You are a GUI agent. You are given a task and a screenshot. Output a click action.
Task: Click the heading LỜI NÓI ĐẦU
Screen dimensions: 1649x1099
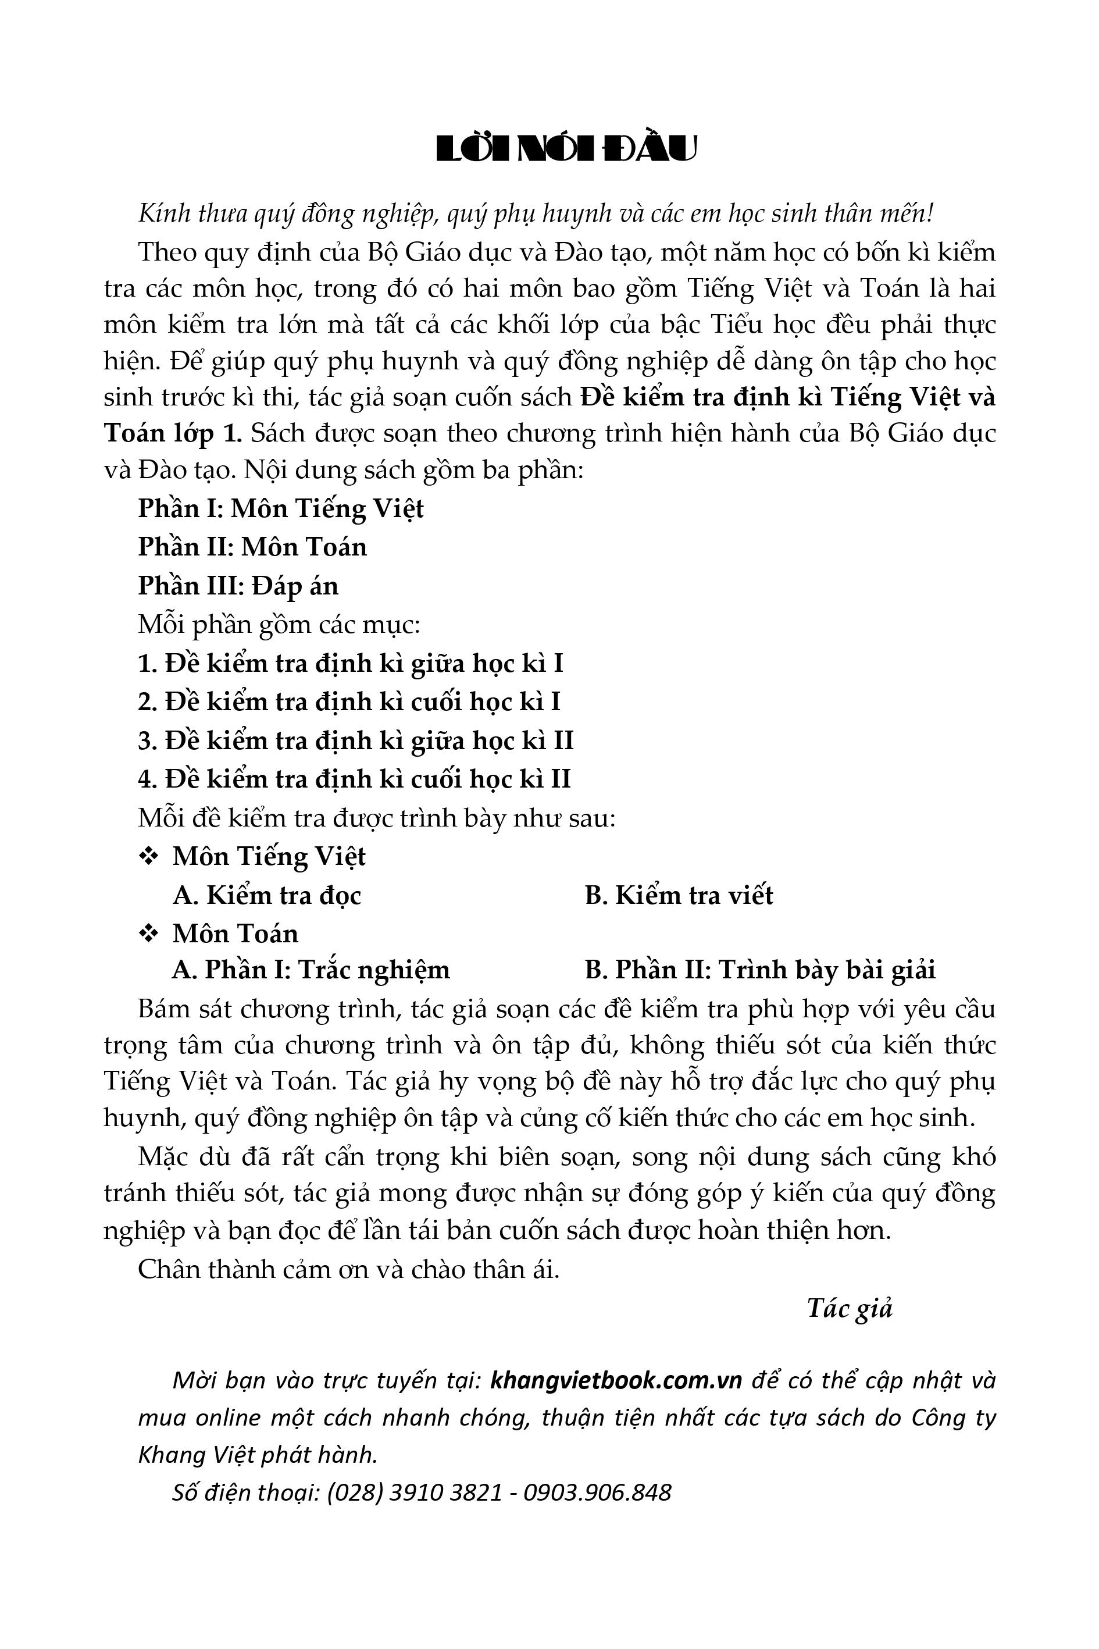tap(566, 149)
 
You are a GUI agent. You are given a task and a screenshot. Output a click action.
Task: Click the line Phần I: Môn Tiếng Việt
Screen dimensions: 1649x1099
tap(280, 508)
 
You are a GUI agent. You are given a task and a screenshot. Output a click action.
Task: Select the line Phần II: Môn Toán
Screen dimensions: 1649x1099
tap(252, 547)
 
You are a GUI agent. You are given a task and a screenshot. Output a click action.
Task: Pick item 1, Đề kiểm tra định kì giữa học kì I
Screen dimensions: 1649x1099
tap(351, 663)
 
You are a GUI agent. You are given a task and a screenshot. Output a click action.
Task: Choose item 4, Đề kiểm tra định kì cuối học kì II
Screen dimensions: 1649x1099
tap(354, 779)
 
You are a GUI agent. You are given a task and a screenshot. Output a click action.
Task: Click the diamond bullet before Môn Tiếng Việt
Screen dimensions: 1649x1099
tap(149, 856)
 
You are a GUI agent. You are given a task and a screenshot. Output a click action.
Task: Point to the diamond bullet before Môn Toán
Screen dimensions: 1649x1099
tap(149, 933)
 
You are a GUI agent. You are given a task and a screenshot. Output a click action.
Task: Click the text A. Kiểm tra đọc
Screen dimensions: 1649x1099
tap(267, 895)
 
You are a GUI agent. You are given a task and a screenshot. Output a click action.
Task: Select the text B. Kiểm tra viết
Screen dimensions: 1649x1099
tap(679, 895)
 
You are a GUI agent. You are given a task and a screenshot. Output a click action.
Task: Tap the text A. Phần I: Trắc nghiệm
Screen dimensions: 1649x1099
tap(311, 970)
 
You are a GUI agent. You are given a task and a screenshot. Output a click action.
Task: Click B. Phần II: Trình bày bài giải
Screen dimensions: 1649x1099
tap(760, 970)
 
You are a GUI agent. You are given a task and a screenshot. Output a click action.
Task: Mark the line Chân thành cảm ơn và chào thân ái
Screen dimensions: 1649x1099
tap(348, 1269)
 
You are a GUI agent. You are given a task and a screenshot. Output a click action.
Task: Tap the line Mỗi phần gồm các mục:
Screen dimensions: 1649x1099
tap(279, 624)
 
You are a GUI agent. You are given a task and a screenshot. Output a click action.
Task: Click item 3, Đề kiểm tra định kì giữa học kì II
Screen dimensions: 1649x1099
tap(355, 740)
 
